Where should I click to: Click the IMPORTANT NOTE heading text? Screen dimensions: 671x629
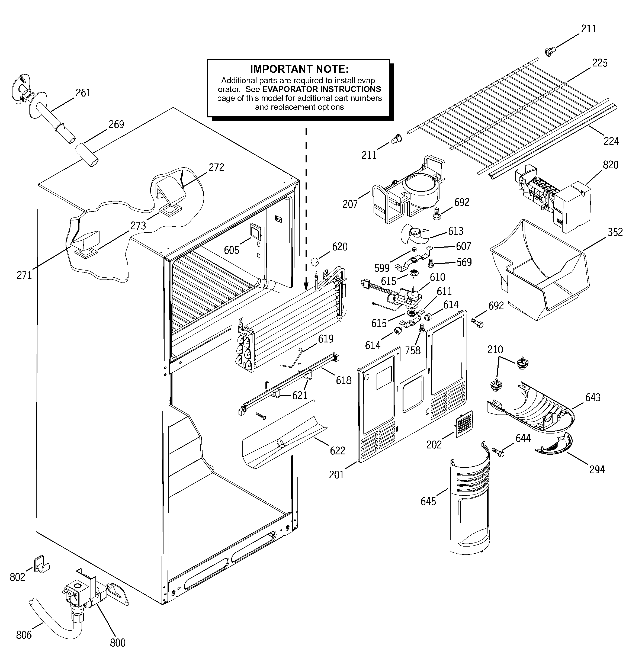(x=299, y=69)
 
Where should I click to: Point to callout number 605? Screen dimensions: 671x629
(x=231, y=250)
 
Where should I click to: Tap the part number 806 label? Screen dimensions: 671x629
(x=24, y=635)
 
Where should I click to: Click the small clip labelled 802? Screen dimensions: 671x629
(x=40, y=564)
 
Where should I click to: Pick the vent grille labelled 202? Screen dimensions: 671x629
(x=464, y=424)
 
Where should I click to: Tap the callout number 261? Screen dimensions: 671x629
(x=83, y=93)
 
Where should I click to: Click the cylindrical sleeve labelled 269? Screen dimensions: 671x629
(x=86, y=154)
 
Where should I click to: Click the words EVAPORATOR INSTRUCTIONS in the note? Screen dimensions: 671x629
(x=322, y=89)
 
